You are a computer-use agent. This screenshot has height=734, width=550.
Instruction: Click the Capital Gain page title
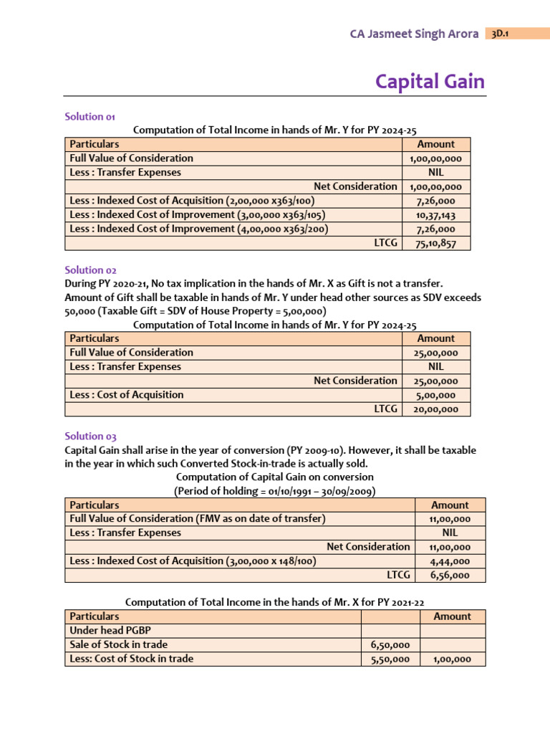point(430,82)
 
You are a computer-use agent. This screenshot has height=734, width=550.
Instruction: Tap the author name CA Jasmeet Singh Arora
point(414,34)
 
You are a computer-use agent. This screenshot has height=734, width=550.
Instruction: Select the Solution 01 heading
point(90,116)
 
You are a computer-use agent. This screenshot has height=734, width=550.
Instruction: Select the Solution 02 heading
point(90,270)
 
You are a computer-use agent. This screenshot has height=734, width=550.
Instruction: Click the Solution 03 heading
point(90,436)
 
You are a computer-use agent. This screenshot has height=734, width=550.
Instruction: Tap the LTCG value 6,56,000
point(450,575)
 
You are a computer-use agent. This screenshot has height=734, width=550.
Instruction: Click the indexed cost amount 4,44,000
point(450,561)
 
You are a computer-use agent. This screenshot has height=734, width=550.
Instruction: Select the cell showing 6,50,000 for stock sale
point(391,645)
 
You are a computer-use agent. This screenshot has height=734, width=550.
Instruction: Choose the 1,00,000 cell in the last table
point(452,659)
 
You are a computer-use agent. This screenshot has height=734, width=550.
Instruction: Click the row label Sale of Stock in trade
point(118,644)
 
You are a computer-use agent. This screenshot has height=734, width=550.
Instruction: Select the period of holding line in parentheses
point(274,491)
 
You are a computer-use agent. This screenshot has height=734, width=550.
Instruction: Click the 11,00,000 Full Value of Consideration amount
point(450,519)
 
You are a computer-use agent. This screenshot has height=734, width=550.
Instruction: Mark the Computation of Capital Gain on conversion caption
point(274,477)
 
